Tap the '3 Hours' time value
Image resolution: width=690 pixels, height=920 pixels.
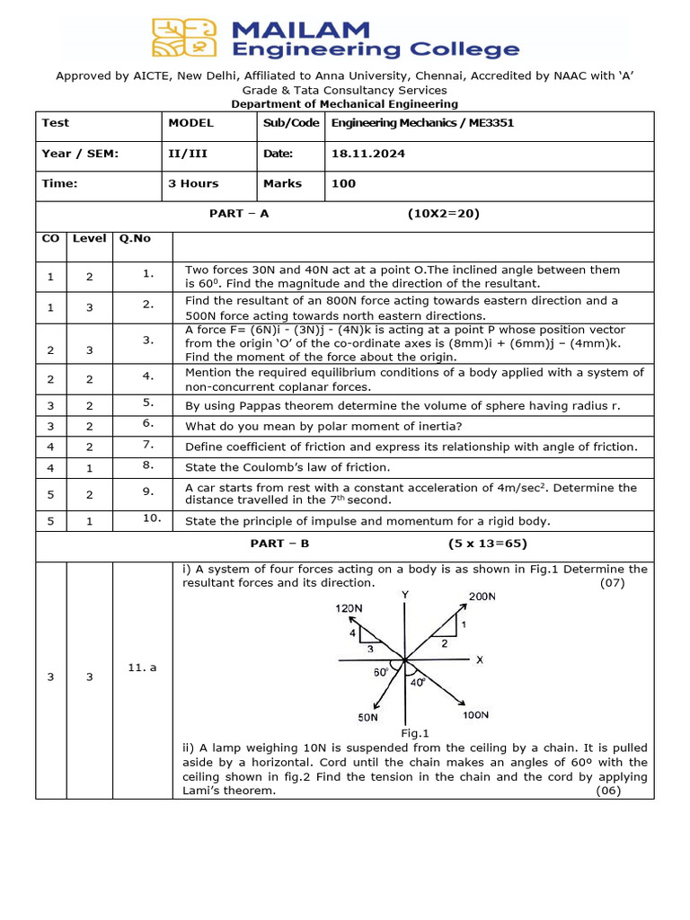193,183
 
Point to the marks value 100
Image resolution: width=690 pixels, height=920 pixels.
343,183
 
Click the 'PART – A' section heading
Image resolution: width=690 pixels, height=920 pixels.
238,214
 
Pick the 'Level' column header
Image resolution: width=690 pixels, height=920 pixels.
89,239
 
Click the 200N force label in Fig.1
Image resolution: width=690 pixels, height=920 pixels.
482,597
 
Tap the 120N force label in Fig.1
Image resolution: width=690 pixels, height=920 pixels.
349,608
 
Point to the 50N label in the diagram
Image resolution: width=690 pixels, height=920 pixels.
369,718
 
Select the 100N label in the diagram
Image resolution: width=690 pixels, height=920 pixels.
475,715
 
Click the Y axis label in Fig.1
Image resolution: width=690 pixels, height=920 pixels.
405,595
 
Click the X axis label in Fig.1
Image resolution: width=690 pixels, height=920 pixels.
480,660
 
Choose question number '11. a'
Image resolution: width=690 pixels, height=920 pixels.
142,668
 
